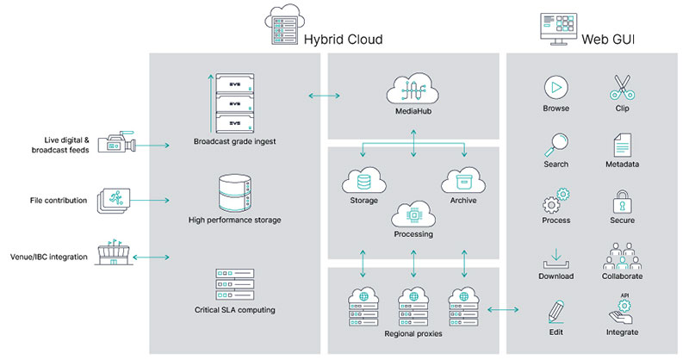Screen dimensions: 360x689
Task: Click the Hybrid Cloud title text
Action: [x=343, y=40]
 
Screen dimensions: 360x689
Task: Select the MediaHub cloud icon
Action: [x=414, y=91]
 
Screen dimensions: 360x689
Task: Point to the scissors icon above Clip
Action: [x=622, y=88]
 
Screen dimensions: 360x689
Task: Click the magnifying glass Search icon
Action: [x=556, y=143]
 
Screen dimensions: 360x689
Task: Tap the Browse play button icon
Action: [x=556, y=88]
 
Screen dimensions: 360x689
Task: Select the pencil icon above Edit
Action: [x=556, y=311]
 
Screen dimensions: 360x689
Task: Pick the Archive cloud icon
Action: [x=462, y=181]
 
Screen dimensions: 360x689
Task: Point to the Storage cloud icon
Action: [x=363, y=181]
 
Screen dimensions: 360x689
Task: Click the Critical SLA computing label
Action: [x=234, y=309]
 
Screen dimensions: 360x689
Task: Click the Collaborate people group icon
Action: [x=622, y=256]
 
